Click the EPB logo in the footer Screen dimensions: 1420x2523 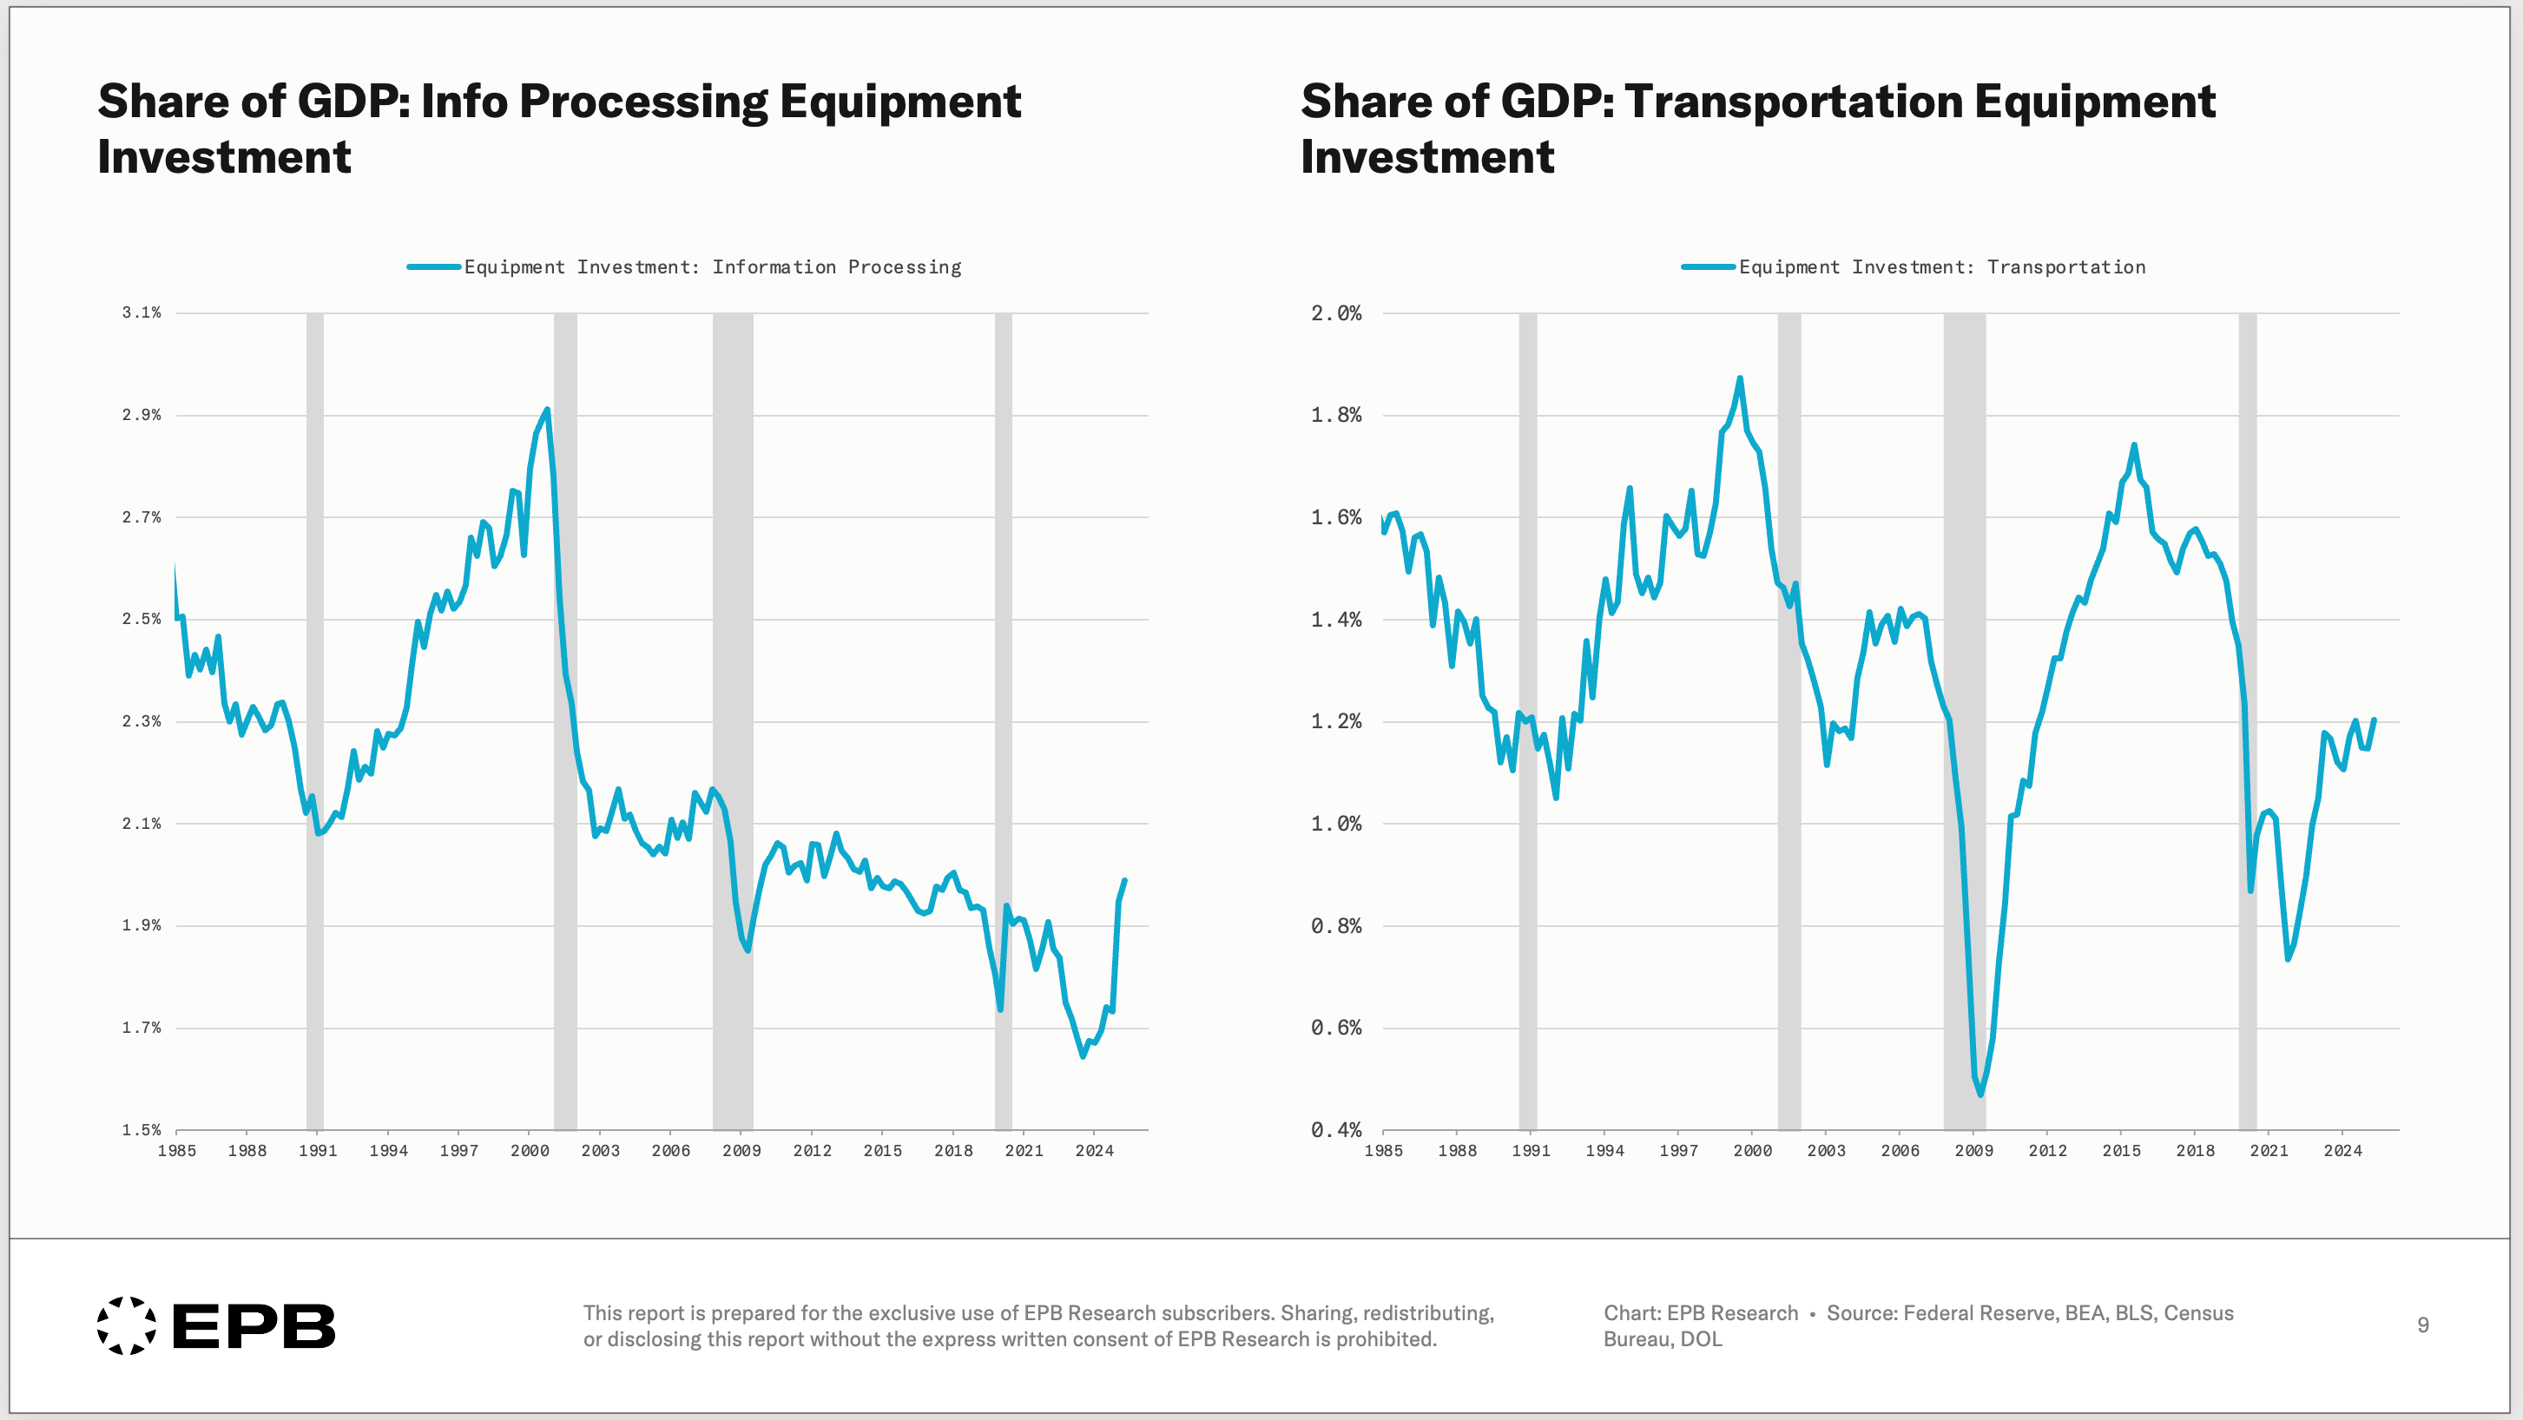click(215, 1326)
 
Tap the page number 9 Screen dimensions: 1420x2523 click(2422, 1325)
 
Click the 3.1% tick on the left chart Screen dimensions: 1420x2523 click(141, 312)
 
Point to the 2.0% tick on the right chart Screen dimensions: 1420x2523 click(1336, 313)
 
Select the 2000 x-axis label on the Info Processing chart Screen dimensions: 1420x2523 click(529, 1151)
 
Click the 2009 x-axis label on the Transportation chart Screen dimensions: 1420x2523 click(1973, 1151)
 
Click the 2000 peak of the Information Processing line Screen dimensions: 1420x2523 click(546, 411)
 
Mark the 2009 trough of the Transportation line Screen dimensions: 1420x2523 click(1980, 1094)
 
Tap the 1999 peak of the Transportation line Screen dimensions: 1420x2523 click(1740, 378)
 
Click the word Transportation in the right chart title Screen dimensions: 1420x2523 click(1794, 102)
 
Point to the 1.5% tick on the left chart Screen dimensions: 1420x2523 click(141, 1130)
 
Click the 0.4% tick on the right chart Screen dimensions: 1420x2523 click(1336, 1130)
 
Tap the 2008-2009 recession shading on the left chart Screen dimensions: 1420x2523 click(733, 686)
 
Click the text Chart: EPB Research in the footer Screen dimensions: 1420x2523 click(1700, 1313)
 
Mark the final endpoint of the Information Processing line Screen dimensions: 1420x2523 click(1123, 881)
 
